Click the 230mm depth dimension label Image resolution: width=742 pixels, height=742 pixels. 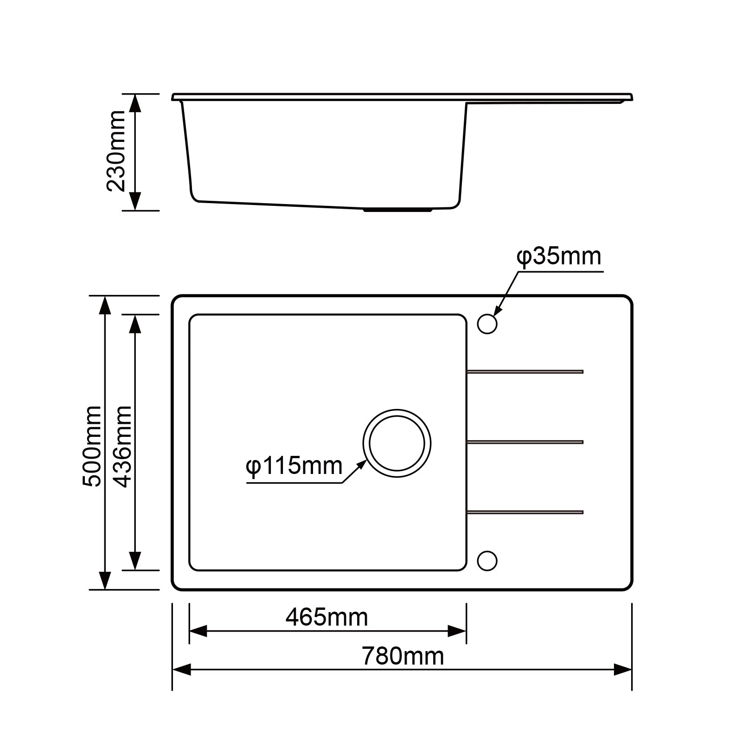116,151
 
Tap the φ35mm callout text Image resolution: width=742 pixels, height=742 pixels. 559,256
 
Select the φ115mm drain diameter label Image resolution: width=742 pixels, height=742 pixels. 294,466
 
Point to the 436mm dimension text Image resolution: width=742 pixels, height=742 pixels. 123,446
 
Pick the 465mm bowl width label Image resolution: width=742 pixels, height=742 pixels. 326,617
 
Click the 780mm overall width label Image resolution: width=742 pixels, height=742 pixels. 403,656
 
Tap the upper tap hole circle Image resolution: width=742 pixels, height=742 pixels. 487,324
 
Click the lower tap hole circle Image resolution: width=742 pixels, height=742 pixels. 487,561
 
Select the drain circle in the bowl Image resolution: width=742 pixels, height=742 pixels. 397,443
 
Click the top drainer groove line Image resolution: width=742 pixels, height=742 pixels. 525,371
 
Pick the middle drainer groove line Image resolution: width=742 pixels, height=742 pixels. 525,442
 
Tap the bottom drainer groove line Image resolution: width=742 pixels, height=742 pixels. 525,512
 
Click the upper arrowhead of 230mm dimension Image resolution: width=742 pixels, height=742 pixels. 134,103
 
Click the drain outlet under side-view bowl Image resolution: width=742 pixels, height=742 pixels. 397,211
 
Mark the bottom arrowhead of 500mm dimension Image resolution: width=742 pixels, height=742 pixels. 105,581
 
